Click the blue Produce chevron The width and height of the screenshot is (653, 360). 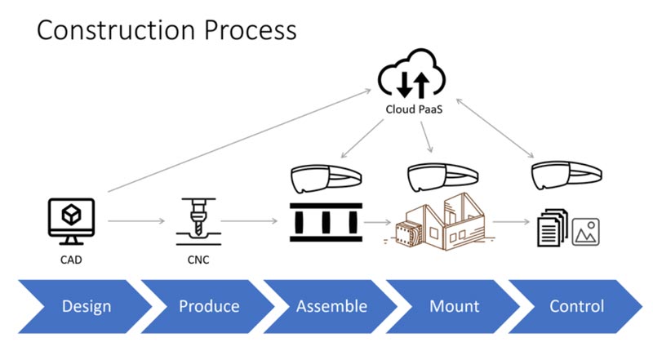[x=208, y=306]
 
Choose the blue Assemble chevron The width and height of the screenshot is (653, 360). [x=331, y=306]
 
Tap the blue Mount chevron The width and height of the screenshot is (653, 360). [x=453, y=306]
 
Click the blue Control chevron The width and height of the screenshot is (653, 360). [x=575, y=306]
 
